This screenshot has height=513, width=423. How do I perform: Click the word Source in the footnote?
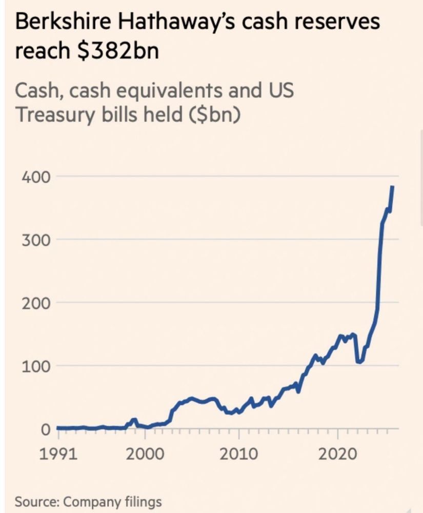pos(34,501)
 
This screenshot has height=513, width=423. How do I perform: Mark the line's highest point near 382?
pos(392,187)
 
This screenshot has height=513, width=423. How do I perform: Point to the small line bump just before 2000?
pos(134,420)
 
